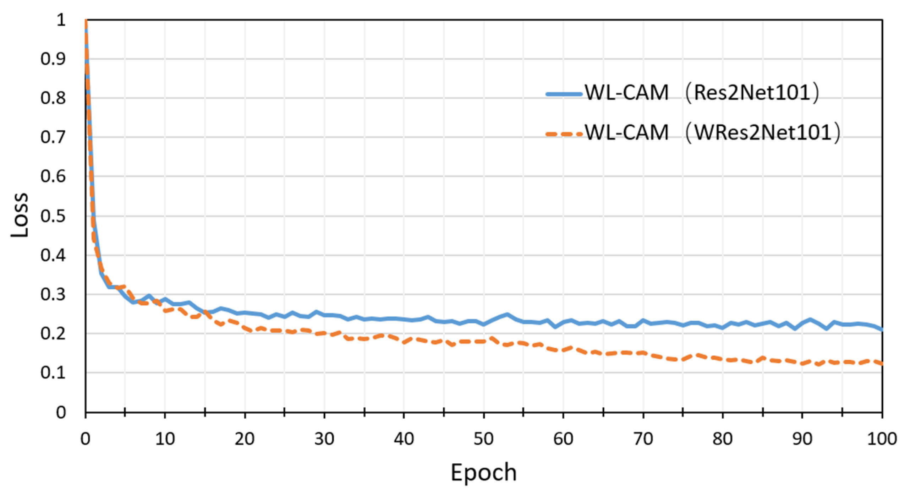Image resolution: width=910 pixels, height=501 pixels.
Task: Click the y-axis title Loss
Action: click(20, 215)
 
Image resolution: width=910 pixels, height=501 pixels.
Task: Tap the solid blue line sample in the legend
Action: click(564, 94)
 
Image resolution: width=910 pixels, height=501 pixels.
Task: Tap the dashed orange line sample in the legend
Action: click(564, 134)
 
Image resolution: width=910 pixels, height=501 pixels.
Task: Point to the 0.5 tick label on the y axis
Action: click(53, 216)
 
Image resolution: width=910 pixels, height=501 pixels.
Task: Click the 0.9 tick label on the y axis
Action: click(53, 59)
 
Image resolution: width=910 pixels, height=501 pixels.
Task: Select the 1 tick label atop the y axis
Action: click(61, 20)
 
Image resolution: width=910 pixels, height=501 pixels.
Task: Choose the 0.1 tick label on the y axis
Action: click(53, 373)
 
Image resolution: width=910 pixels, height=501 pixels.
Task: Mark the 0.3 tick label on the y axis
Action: click(53, 294)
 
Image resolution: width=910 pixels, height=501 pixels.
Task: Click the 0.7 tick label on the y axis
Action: click(53, 137)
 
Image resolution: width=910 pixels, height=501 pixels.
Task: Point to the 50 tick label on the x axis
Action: click(483, 439)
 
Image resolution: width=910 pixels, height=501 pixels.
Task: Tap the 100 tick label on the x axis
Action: click(882, 439)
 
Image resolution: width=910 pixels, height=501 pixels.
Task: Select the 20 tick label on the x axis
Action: click(245, 439)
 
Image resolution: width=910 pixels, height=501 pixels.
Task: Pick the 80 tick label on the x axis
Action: click(723, 439)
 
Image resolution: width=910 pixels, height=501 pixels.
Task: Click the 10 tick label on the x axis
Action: click(165, 439)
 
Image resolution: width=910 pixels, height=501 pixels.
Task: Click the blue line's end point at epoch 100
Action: click(882, 330)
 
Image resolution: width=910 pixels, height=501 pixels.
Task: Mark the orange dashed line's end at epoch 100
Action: click(882, 363)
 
